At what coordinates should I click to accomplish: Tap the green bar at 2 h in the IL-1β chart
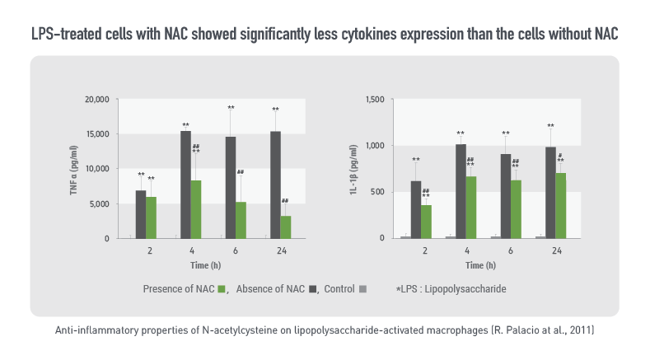point(427,222)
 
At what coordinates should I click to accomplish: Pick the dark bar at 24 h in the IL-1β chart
point(550,193)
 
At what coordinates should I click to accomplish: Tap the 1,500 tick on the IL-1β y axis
point(374,100)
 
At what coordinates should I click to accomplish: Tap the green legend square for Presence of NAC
point(222,289)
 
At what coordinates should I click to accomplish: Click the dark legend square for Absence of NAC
point(314,289)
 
